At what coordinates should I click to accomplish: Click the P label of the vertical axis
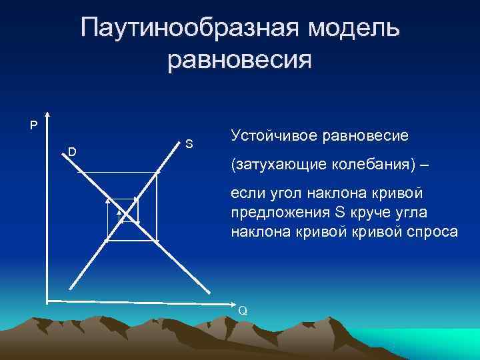coord(33,124)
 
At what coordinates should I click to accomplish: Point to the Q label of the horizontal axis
coord(243,310)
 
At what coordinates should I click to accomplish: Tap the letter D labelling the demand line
coord(71,152)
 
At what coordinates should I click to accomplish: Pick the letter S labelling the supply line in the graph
coord(189,143)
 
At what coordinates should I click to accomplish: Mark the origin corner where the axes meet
coord(47,299)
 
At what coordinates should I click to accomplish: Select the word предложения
coord(279,213)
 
